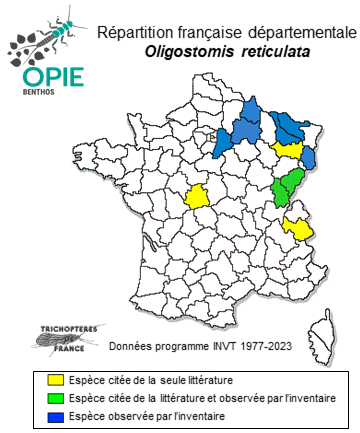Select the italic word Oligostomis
[189, 52]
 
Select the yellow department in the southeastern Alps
[297, 227]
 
